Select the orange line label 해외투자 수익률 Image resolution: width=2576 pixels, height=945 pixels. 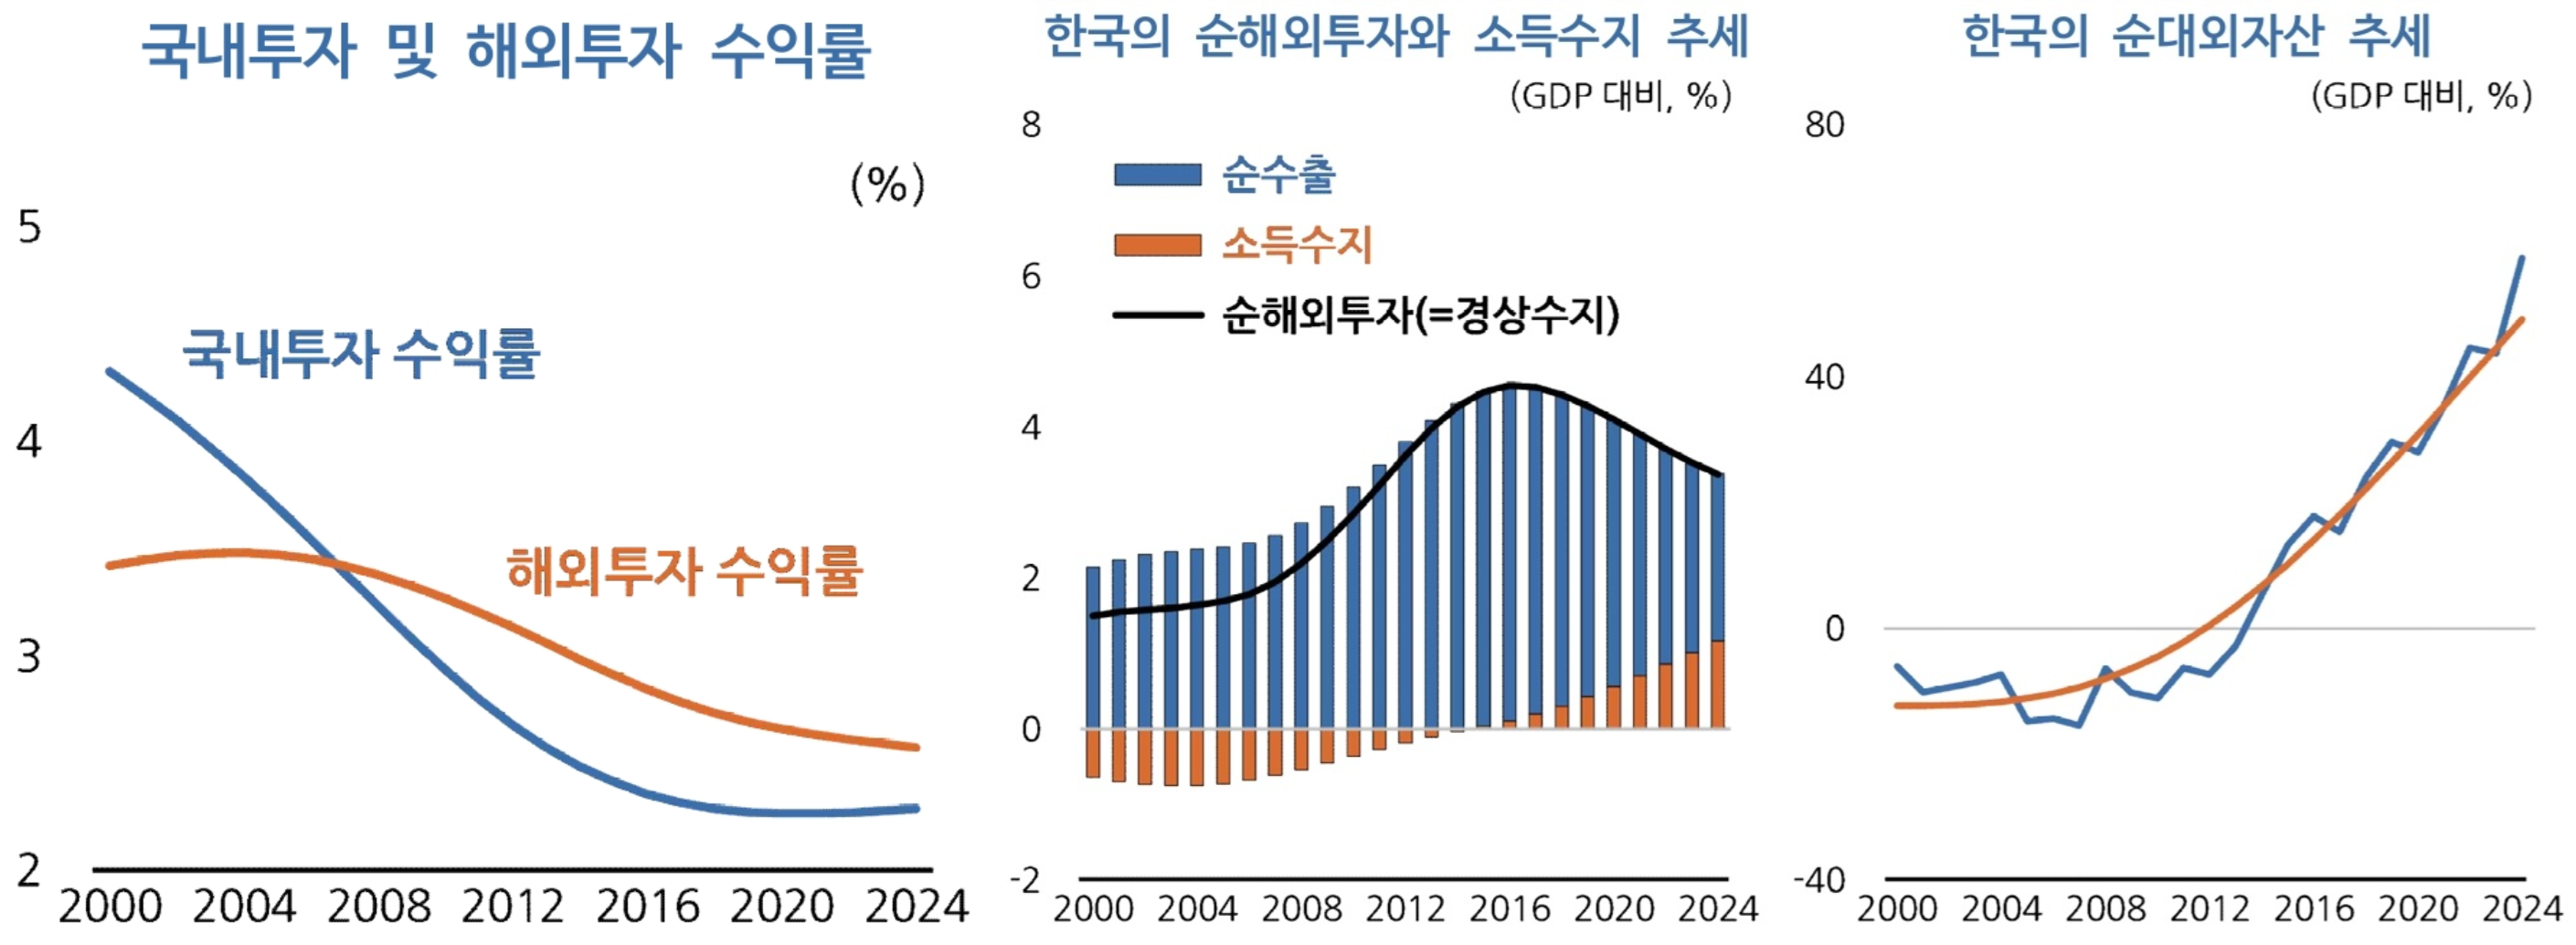coord(684,571)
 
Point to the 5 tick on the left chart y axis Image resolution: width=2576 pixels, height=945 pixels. coord(30,228)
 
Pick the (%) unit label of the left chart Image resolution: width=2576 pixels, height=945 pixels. coord(887,184)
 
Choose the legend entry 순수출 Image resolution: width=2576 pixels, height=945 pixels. coord(1278,175)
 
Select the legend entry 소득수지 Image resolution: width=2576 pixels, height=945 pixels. coord(1296,245)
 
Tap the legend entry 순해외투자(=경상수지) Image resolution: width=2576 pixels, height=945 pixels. coord(1419,315)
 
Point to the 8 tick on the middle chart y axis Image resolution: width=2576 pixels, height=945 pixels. coord(1031,125)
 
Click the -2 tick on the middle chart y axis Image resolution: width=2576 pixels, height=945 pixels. coord(1025,881)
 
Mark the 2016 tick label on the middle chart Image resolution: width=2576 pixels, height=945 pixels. coord(1510,909)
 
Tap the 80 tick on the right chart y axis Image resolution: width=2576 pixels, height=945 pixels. coord(1824,125)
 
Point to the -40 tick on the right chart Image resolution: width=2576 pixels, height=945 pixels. coord(1818,881)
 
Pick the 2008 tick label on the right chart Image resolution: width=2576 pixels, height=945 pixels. coord(2105,909)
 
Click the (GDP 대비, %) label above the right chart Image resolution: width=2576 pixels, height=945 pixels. coord(2421,96)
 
